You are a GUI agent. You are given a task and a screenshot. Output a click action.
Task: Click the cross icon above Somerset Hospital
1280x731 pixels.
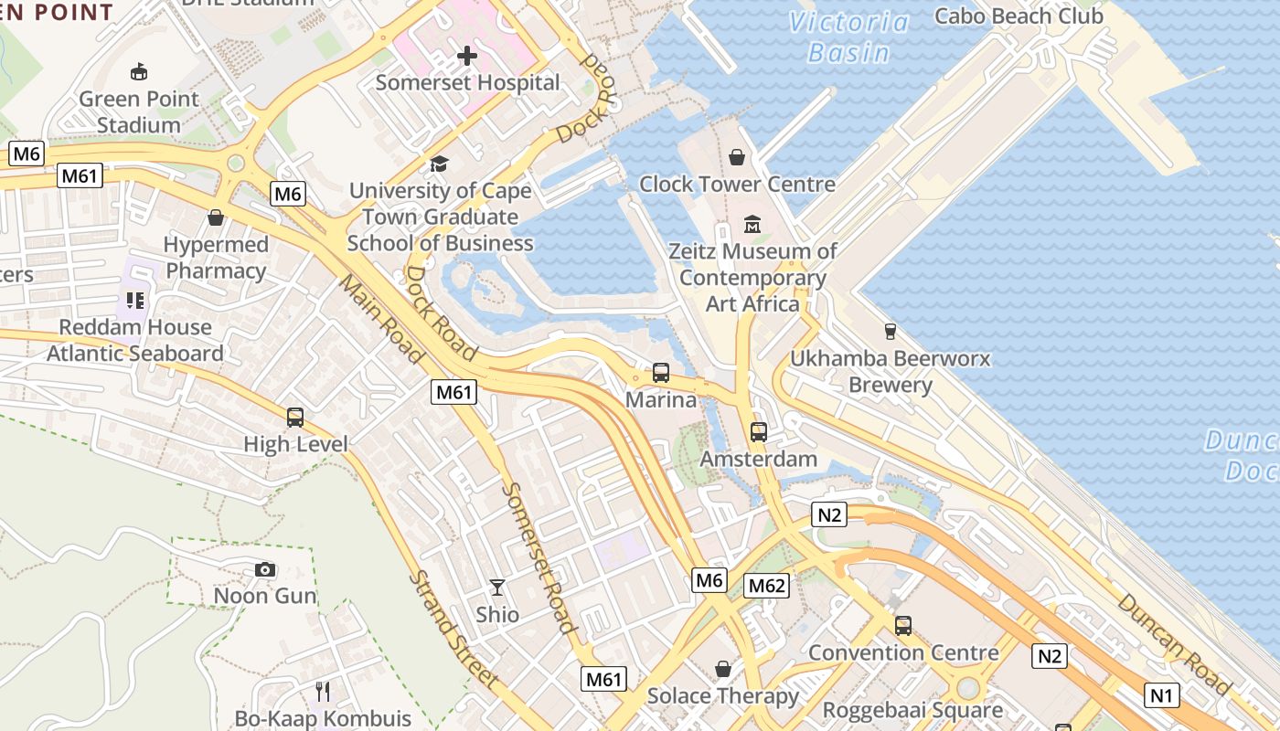[467, 57]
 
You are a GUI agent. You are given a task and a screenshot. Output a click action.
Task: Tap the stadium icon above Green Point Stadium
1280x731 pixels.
[139, 71]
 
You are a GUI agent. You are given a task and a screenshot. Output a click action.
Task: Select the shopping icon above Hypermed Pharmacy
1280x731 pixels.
[216, 217]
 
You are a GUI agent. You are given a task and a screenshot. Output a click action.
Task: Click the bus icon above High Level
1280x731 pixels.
[294, 418]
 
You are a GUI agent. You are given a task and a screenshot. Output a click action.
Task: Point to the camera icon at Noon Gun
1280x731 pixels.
[265, 570]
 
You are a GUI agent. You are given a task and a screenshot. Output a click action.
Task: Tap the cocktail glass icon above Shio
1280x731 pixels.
[497, 588]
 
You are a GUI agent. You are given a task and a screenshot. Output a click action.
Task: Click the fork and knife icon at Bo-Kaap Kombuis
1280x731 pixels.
[322, 692]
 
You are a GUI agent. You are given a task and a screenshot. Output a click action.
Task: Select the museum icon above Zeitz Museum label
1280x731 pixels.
[752, 224]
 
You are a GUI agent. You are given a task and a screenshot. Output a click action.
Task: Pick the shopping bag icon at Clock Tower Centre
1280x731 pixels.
[737, 158]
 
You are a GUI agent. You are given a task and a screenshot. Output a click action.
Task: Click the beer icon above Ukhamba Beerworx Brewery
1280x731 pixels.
[890, 331]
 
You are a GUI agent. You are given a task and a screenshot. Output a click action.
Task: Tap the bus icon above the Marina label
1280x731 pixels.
[660, 373]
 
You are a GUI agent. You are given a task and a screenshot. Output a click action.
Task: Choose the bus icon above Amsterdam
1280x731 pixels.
[758, 432]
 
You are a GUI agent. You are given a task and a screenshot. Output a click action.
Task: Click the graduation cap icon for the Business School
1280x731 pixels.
[440, 164]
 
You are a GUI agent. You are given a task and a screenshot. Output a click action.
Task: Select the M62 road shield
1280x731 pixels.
[766, 586]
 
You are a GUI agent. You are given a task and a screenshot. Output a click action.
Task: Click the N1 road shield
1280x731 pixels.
[1160, 695]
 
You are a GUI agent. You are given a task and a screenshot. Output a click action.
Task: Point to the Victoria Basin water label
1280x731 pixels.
[848, 37]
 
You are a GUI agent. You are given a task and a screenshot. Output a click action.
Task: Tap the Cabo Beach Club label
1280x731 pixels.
[1019, 16]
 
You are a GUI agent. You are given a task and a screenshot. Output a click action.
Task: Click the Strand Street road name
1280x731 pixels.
[453, 630]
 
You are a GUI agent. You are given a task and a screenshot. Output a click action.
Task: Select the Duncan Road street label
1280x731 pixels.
[1174, 641]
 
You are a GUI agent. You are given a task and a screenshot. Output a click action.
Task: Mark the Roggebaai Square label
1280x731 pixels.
[912, 710]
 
